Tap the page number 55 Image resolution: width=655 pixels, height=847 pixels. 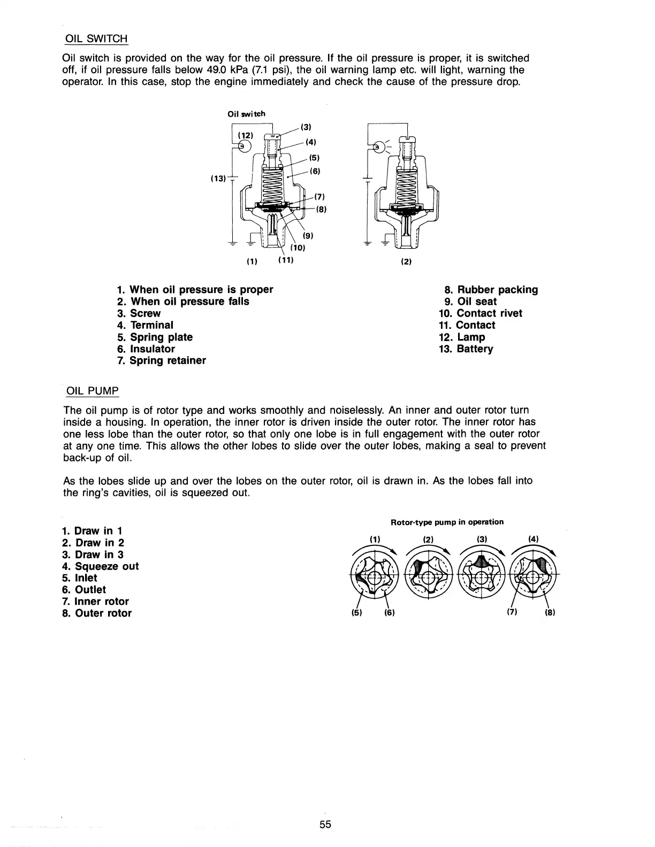click(326, 824)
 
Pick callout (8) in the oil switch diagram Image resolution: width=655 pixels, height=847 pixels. click(321, 210)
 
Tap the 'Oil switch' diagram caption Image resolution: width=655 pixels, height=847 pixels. click(246, 113)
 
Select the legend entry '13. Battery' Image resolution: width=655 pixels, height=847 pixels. click(466, 349)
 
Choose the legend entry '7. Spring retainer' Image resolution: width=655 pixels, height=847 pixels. click(161, 360)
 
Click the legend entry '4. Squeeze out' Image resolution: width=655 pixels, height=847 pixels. click(100, 566)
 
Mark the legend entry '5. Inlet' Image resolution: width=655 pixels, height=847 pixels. click(80, 578)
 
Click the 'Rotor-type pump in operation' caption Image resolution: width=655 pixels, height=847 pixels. click(447, 522)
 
